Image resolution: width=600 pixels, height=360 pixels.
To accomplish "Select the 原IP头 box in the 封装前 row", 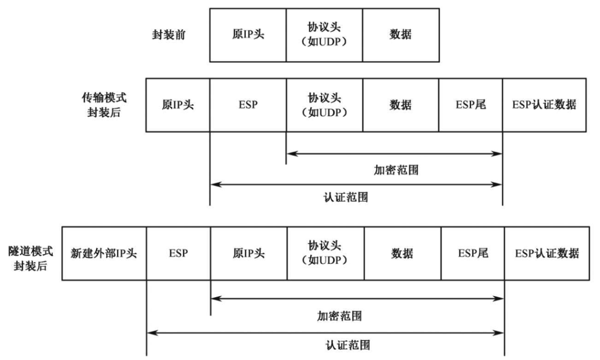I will pos(248,34).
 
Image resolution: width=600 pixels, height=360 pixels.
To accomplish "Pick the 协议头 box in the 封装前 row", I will pos(324,34).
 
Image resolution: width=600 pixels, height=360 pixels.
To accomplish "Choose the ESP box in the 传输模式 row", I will pos(248,104).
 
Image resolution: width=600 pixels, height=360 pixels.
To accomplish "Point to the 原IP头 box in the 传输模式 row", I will pos(178,104).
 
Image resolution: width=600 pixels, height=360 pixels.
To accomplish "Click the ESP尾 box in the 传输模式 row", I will pos(470,104).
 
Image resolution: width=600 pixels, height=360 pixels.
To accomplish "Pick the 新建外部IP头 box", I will pos(104,253).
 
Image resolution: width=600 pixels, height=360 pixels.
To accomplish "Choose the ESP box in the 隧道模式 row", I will pos(179,253).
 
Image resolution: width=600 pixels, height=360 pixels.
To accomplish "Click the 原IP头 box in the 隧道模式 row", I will pos(249,253).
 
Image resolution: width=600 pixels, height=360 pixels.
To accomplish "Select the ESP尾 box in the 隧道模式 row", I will pos(473,253).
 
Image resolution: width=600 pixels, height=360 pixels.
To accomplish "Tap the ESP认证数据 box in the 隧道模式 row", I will pos(547,253).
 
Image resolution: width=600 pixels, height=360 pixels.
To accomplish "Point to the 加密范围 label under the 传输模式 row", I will pos(395,170).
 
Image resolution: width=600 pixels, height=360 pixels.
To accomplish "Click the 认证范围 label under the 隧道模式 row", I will pos(347,344).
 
